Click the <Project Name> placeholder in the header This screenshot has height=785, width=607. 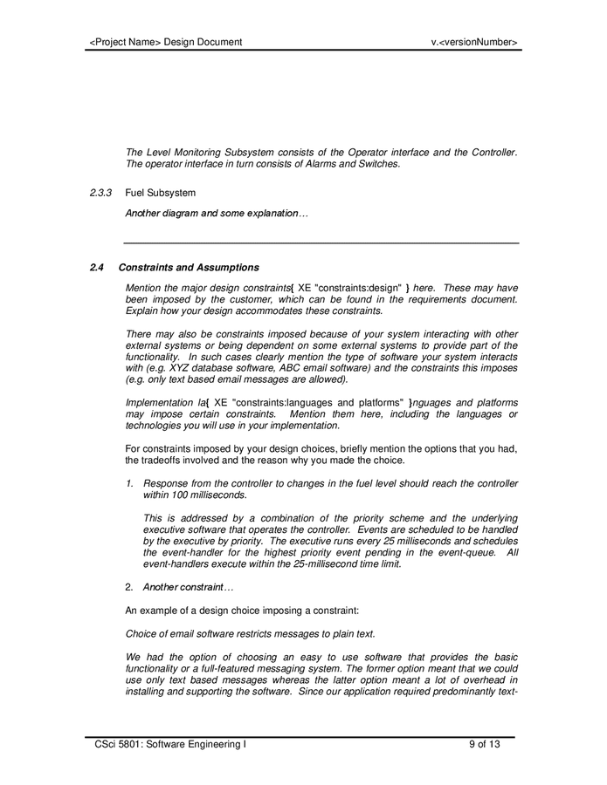126,42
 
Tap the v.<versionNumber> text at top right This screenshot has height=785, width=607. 474,42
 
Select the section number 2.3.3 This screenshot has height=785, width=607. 102,193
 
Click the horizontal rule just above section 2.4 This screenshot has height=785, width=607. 321,242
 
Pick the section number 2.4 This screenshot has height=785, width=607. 98,267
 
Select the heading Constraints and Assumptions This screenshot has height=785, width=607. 189,267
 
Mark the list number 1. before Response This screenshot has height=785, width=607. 129,483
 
